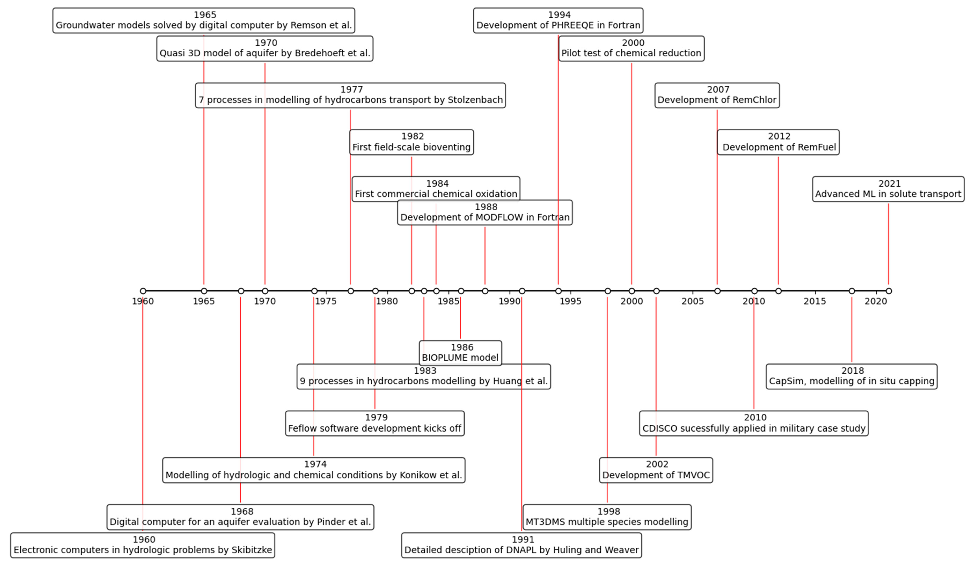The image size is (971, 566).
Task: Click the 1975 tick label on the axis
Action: coord(326,301)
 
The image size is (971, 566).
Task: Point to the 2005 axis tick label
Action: coord(692,301)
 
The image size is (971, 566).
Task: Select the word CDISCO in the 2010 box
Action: coord(660,428)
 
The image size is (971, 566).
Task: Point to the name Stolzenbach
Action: coord(475,100)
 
